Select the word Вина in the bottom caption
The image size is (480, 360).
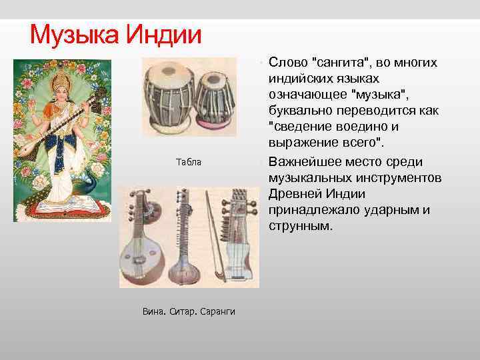152,311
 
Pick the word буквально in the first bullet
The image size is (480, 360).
300,111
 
